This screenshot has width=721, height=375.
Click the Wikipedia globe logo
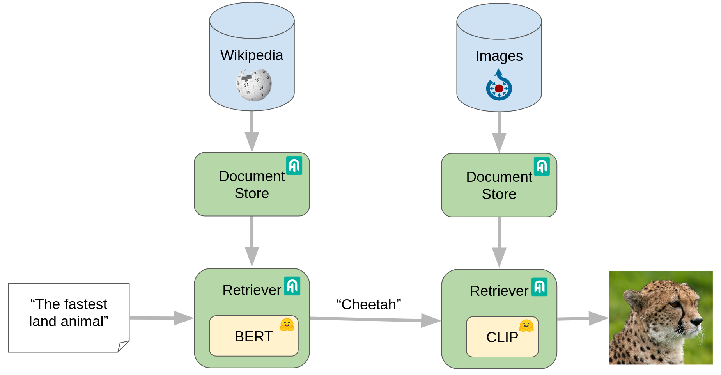coord(254,85)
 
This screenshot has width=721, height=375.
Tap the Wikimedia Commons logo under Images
coord(499,85)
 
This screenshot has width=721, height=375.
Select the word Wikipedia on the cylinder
coord(252,55)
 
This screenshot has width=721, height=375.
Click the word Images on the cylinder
coord(499,56)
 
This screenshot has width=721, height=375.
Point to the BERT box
coord(254,336)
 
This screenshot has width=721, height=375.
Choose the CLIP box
coord(502,337)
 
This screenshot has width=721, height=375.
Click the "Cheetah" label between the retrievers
coord(368,304)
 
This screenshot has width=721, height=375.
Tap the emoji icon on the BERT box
coord(287,325)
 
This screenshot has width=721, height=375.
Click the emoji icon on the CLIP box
coord(526,325)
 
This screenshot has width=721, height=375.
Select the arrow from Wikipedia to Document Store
coord(252,132)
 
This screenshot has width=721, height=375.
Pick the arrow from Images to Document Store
coord(499,132)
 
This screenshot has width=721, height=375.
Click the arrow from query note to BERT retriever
coord(161,318)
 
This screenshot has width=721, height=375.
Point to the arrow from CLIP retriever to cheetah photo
coord(583,318)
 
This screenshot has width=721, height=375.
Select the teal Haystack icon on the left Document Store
coord(294,166)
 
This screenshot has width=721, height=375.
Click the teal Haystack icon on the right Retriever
coord(540,287)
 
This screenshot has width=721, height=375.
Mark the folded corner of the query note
coord(123,346)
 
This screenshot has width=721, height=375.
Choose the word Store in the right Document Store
coord(499,194)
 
